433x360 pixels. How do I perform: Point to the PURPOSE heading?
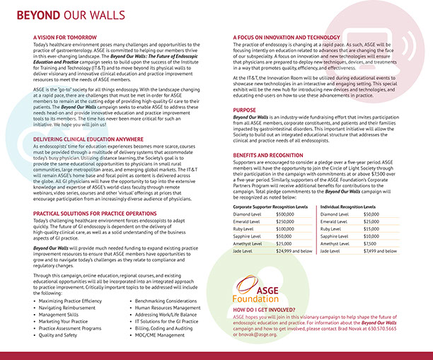pyautogui.click(x=246, y=110)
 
